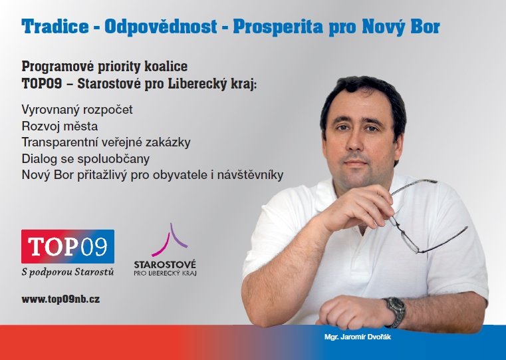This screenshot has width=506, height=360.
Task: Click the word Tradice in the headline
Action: (55, 26)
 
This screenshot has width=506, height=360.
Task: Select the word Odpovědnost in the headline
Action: (160, 26)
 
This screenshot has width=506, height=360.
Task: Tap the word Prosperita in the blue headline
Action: (278, 27)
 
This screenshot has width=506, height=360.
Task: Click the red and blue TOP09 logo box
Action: (68, 246)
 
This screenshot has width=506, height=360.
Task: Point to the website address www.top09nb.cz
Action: (61, 299)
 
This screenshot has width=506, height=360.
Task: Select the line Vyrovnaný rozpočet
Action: (77, 110)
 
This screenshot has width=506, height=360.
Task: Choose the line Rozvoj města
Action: (60, 126)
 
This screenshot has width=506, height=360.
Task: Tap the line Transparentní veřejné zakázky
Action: (106, 142)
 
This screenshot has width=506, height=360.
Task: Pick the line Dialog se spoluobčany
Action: (86, 159)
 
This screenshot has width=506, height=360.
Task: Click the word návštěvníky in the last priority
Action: (250, 174)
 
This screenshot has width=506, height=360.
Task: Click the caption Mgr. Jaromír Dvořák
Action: (358, 337)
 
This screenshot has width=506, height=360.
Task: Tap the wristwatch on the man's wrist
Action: (396, 311)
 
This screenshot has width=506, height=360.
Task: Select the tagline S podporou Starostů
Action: (68, 272)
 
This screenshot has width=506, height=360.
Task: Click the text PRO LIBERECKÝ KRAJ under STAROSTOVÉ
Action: (165, 273)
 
